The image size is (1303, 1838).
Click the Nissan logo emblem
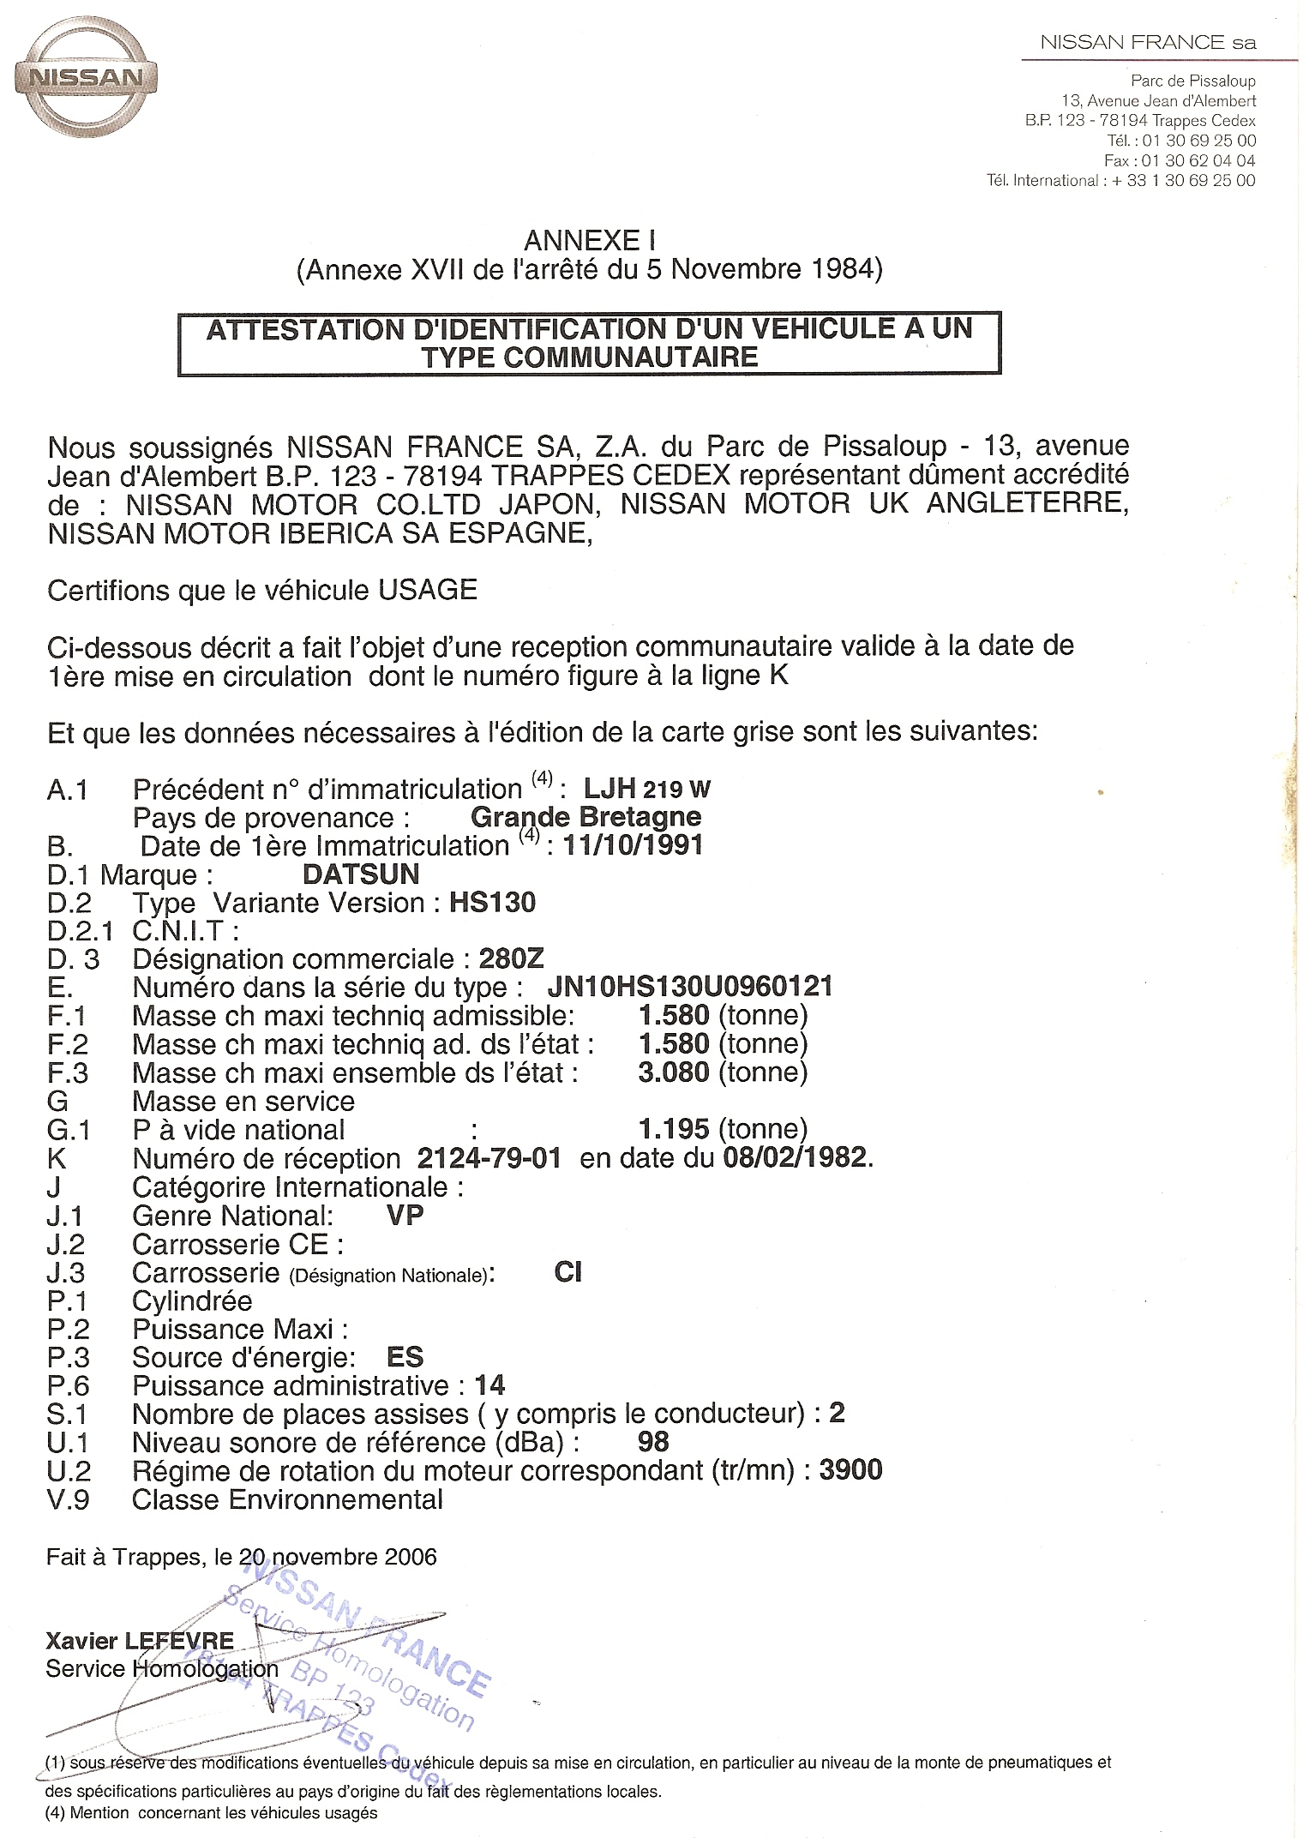tap(86, 77)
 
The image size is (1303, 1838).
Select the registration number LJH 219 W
tap(647, 789)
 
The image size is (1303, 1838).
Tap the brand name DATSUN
tap(361, 874)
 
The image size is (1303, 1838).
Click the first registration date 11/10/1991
tap(633, 845)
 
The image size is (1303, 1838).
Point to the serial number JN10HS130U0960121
tap(689, 987)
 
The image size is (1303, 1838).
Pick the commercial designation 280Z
tap(511, 958)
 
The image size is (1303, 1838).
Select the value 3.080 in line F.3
tap(673, 1072)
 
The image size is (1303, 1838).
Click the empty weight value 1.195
tap(674, 1129)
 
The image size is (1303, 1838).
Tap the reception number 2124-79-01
tap(489, 1158)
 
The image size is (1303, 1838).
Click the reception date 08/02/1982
tap(795, 1157)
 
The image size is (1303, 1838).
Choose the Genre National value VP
tap(405, 1215)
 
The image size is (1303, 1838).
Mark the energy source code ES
tap(405, 1357)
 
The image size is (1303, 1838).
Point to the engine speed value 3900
tap(850, 1470)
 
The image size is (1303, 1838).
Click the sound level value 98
tap(653, 1442)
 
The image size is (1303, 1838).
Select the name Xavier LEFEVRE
tap(140, 1641)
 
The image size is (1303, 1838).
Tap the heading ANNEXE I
tap(590, 241)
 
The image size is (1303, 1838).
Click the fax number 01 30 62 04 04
tap(1198, 160)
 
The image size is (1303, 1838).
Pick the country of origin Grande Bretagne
tap(585, 817)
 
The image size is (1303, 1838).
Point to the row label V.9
tap(68, 1499)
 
